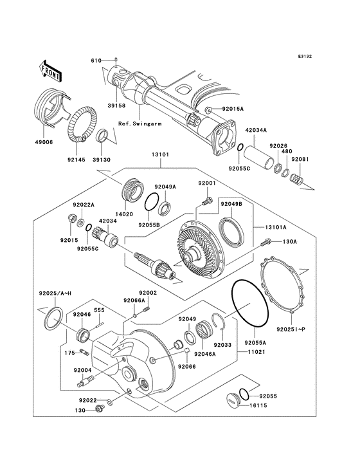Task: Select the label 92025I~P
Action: click(293, 329)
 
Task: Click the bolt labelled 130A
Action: click(264, 242)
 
